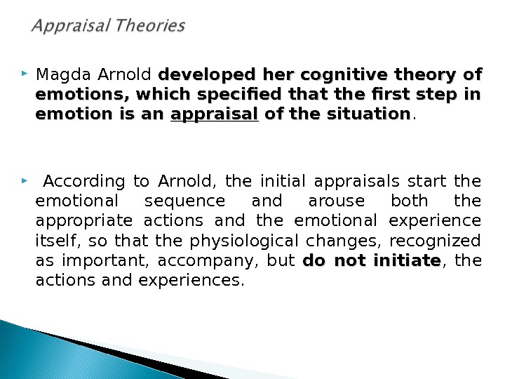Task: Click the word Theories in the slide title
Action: click(150, 25)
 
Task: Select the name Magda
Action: click(63, 75)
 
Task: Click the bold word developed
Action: click(207, 75)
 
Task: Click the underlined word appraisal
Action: click(215, 114)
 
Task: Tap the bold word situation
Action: click(369, 114)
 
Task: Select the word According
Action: click(84, 182)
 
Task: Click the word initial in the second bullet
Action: click(283, 181)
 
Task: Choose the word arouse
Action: click(337, 201)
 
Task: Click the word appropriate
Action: click(84, 222)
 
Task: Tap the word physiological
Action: click(244, 241)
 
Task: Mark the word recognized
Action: click(435, 241)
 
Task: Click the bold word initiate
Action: click(407, 260)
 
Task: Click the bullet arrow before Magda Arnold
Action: click(25, 74)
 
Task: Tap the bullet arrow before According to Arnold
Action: click(25, 180)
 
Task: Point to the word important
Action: click(105, 261)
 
